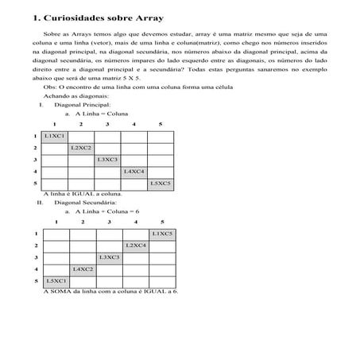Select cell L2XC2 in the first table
[81, 148]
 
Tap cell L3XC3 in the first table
[107, 160]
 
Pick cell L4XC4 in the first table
[134, 171]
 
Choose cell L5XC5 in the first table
[161, 183]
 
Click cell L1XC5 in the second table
[162, 234]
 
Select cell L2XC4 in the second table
[136, 246]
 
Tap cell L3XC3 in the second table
[109, 257]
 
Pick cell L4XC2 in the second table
[83, 269]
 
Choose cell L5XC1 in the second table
[56, 281]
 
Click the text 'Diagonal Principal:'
[80, 105]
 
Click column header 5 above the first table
[160, 125]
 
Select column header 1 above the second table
[56, 222]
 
